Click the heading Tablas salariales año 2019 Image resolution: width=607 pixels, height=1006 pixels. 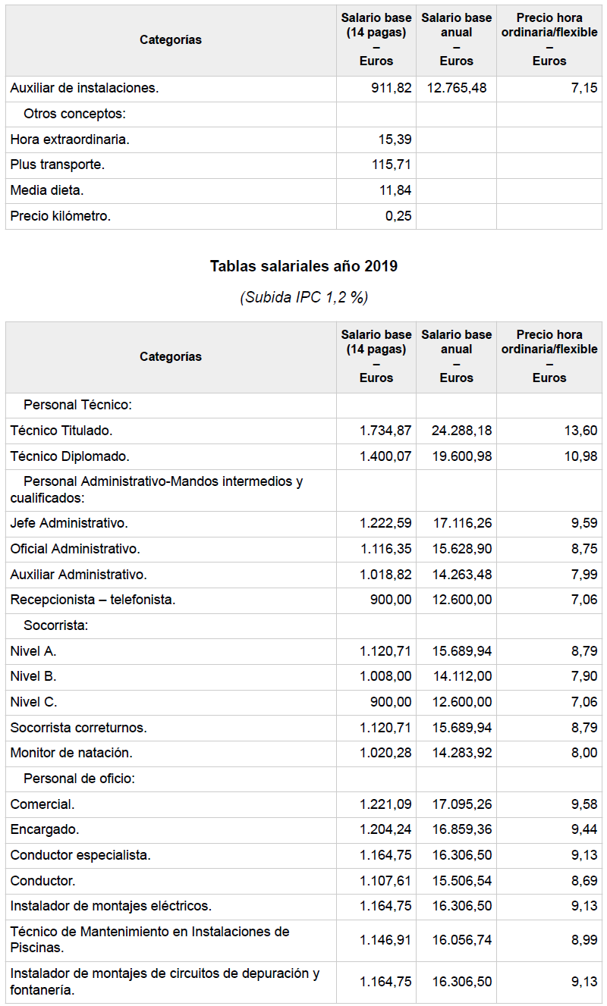[303, 266]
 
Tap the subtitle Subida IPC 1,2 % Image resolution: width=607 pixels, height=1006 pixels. [303, 297]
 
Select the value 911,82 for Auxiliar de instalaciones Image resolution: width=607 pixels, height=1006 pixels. [392, 88]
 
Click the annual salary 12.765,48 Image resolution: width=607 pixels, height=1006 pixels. [457, 88]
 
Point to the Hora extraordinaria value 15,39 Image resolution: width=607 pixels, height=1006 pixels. [395, 139]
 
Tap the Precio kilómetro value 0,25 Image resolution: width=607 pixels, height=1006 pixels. [398, 216]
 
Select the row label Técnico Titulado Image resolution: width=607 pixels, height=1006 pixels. [61, 431]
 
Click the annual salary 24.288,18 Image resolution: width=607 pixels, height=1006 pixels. [461, 431]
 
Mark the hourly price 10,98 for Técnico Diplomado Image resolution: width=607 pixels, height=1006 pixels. [582, 456]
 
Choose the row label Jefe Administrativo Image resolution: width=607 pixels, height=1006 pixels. [69, 523]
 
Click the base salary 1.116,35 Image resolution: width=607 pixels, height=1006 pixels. [385, 549]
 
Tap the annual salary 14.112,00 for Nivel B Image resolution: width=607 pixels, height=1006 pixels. [461, 676]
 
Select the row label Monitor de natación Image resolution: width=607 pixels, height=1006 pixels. [71, 753]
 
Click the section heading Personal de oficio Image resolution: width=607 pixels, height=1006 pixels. [79, 779]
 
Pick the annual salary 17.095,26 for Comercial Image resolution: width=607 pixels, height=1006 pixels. [461, 804]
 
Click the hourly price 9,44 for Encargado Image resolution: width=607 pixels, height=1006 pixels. [585, 829]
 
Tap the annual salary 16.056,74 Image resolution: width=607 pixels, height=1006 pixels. [461, 940]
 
